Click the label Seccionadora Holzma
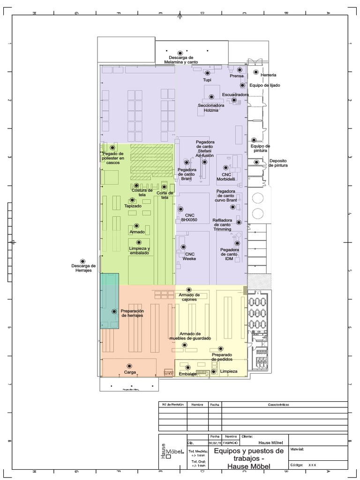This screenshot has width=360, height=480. [x=211, y=108]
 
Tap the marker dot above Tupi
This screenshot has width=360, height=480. [x=207, y=73]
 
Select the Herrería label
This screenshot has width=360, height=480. [x=268, y=75]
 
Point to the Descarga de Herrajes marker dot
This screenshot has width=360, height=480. [x=83, y=261]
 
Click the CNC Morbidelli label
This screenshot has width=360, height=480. [x=226, y=177]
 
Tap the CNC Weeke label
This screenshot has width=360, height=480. [x=189, y=256]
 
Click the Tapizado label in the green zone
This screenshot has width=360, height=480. [x=133, y=206]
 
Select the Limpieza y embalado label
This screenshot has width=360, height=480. [x=139, y=251]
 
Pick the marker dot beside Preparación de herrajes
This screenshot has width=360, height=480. [x=114, y=311]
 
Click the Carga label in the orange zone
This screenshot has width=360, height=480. [x=130, y=372]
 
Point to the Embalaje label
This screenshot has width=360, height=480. [x=187, y=374]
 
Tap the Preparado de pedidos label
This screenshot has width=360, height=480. [x=222, y=357]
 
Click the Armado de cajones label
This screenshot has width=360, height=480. [x=189, y=297]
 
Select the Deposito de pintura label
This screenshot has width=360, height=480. [x=278, y=163]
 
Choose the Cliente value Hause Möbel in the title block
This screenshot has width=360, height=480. [x=271, y=442]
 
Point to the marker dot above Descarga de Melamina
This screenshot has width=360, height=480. [x=180, y=52]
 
